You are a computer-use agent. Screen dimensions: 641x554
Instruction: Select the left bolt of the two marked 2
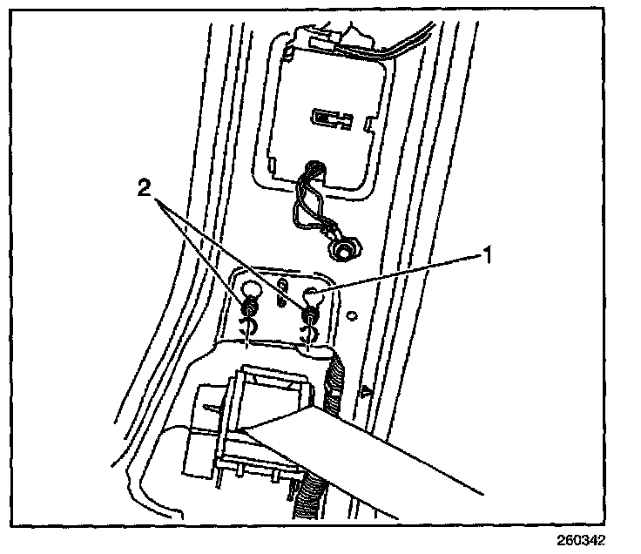click(251, 306)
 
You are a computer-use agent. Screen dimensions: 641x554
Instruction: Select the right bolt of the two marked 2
click(309, 312)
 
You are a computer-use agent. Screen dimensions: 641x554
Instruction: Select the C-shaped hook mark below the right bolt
click(307, 333)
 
